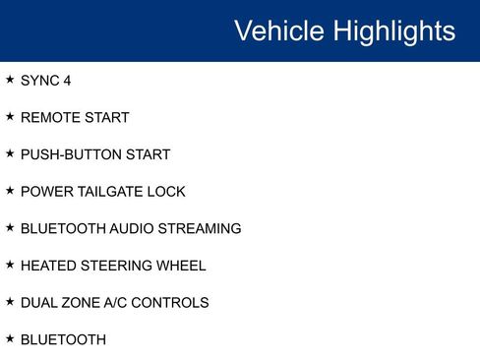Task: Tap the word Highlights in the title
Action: tap(393, 30)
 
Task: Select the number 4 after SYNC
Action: tap(67, 81)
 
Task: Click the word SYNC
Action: tap(39, 81)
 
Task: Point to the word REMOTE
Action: tap(48, 118)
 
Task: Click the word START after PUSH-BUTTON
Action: tap(148, 154)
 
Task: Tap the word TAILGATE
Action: tap(110, 192)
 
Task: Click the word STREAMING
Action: tap(201, 228)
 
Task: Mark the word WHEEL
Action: tap(182, 266)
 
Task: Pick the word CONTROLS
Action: tap(175, 303)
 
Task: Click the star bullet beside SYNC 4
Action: tap(10, 80)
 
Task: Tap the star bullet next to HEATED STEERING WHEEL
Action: tap(10, 265)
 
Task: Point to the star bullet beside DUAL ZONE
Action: tap(10, 302)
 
